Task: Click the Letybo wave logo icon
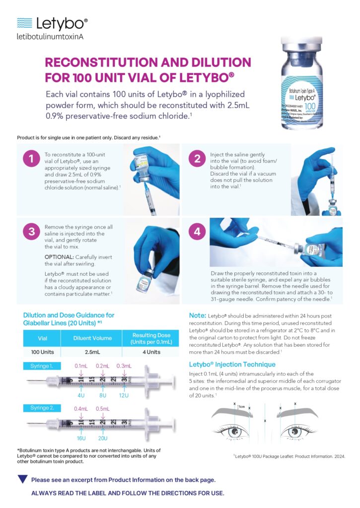point(24,22)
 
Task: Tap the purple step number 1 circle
point(31,159)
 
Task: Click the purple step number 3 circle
point(31,232)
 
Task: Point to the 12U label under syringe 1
point(124,395)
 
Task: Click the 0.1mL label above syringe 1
point(81,366)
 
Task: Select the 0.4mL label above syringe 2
point(81,409)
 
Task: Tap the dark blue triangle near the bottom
point(22,479)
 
